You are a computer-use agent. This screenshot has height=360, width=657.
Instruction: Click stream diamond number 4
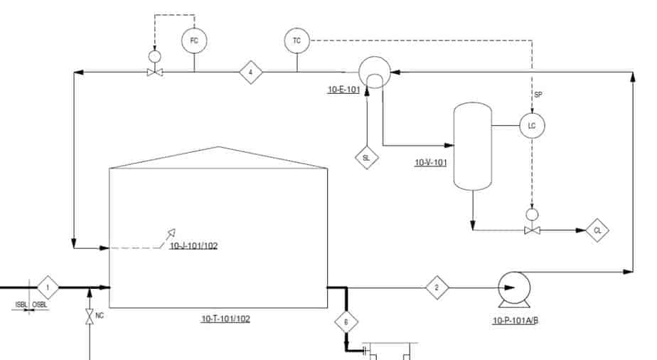(250, 72)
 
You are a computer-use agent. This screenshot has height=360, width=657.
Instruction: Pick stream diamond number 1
(48, 287)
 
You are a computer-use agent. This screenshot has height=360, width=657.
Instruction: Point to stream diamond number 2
(437, 287)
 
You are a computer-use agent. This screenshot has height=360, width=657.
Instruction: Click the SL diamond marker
(367, 157)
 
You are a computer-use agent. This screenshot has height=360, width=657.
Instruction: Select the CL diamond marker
(597, 230)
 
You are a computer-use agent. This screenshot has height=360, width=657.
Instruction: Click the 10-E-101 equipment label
(343, 90)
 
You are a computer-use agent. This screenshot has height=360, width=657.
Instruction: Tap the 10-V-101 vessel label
(431, 163)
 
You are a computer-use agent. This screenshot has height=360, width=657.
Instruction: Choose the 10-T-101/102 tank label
(226, 319)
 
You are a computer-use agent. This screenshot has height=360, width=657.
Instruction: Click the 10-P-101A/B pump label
(516, 321)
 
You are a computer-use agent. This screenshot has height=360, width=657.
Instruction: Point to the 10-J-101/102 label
(193, 245)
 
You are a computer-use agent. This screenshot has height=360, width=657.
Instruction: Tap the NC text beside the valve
(100, 315)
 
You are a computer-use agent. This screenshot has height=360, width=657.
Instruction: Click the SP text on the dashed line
(538, 95)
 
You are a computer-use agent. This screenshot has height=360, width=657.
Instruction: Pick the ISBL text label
(21, 305)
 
